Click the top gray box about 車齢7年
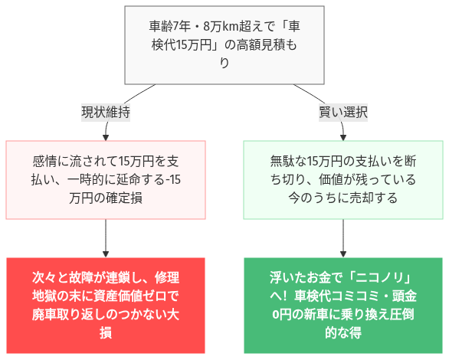[224, 45]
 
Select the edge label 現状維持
[105, 112]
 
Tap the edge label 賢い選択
[342, 112]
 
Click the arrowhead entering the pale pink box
[105, 137]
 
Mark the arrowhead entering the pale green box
[342, 137]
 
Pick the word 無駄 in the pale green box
[282, 161]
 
